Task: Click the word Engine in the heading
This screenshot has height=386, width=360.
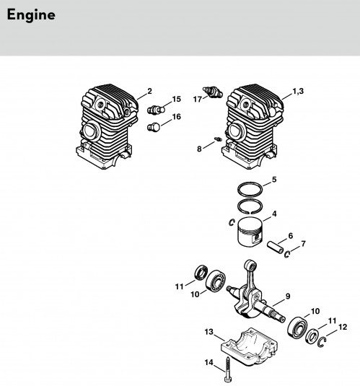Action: pos(31,15)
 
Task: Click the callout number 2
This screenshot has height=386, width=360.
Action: pos(149,92)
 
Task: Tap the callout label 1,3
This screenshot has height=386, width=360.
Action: pos(298,92)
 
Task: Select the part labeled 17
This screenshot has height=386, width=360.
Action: pos(213,92)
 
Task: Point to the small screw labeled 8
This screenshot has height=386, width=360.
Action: pos(218,139)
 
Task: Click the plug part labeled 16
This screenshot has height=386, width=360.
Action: pos(154,127)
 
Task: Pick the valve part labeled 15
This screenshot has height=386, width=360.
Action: pos(156,109)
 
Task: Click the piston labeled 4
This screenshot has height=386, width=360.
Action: pos(250,231)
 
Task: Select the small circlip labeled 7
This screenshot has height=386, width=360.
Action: pos(287,254)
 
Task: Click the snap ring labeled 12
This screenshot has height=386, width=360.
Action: pos(321,343)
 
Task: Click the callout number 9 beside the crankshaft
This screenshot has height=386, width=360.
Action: pos(288,297)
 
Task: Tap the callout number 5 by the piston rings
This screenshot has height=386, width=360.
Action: pos(274,180)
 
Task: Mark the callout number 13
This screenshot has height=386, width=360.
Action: pos(208,332)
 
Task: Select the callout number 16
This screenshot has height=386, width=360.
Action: pos(177,117)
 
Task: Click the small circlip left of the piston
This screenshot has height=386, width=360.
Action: pos(231,222)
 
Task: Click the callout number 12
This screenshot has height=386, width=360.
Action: pos(343,327)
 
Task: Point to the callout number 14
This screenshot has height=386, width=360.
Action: pos(208,363)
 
